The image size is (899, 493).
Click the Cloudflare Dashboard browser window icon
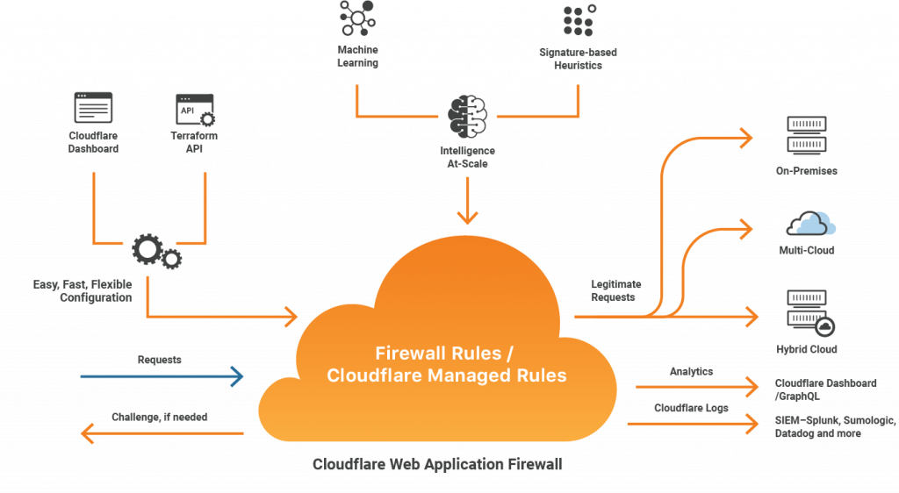93,107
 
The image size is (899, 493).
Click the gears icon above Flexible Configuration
155,251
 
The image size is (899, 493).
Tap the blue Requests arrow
162,377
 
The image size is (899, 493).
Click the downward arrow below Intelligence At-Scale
467,208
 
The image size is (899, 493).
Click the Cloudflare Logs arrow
694,424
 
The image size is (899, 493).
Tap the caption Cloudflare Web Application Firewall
437,464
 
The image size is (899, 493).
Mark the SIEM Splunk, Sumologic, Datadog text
834,427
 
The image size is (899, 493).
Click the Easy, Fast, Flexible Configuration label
83,291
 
